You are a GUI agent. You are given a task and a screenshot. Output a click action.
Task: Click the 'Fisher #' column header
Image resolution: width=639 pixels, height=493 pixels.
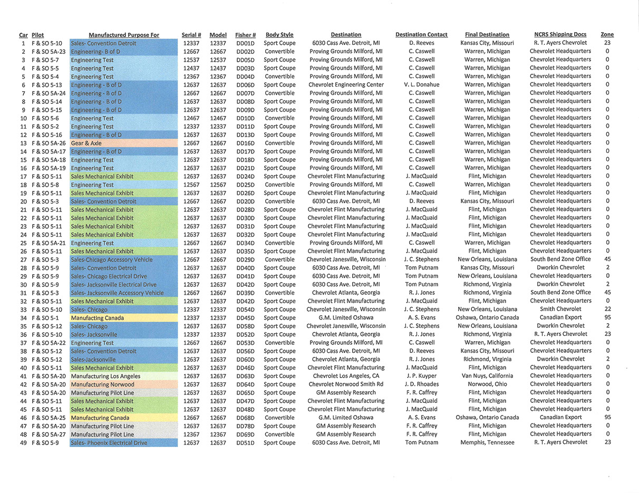[246, 35]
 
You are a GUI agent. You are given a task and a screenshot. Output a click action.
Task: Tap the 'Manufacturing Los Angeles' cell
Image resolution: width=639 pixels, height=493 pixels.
[106, 376]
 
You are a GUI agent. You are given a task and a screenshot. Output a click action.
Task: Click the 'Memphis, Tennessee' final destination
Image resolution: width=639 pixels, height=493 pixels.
[487, 442]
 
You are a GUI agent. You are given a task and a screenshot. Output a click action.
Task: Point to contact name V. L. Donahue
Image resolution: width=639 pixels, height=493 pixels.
[421, 85]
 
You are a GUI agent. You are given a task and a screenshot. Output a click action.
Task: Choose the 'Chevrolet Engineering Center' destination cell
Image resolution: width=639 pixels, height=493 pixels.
[346, 85]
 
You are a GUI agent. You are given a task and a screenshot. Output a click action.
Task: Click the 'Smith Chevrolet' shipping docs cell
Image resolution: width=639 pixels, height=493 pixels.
[560, 310]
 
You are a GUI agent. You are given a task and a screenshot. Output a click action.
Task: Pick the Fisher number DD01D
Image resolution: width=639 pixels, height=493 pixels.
[245, 43]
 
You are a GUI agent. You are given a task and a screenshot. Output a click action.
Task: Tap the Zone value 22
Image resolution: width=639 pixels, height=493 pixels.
[607, 310]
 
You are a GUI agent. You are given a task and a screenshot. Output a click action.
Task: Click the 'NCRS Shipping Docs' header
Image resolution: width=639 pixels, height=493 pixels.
[560, 35]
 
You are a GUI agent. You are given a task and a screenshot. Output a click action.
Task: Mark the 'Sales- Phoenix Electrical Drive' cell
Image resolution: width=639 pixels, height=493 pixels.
[110, 443]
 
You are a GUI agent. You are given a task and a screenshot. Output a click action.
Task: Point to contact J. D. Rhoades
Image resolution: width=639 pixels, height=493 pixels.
[421, 384]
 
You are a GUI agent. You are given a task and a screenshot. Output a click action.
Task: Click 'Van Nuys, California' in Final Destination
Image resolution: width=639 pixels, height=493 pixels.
[487, 376]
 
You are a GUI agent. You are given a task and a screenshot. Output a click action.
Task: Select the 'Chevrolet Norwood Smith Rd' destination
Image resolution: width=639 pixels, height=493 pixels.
[346, 384]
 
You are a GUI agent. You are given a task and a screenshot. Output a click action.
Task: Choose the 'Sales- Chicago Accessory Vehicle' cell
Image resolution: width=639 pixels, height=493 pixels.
[112, 260]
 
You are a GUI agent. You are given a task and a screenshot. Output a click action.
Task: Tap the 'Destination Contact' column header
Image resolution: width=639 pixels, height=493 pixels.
[421, 35]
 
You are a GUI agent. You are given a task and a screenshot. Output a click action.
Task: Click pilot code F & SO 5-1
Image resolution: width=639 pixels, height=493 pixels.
[45, 318]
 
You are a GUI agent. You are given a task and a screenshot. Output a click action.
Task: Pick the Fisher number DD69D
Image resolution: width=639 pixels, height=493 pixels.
[245, 434]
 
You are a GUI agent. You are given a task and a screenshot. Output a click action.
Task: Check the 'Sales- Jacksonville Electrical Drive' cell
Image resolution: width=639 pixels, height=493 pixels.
[117, 285]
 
